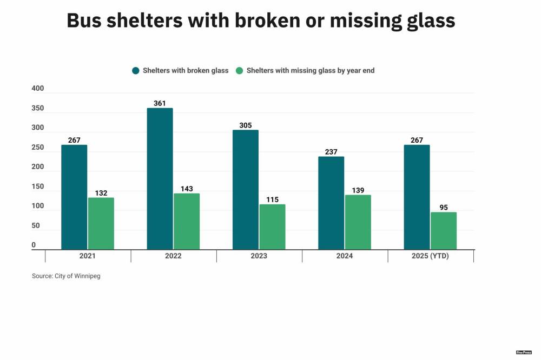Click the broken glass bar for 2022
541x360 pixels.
pyautogui.click(x=160, y=178)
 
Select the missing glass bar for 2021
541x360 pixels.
pyautogui.click(x=101, y=223)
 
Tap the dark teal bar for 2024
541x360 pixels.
pyautogui.click(x=331, y=203)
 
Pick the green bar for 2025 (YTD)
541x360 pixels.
pyautogui.click(x=444, y=231)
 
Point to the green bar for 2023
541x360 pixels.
pyautogui.click(x=272, y=226)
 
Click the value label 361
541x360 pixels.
pyautogui.click(x=160, y=103)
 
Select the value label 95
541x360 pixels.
pyautogui.click(x=444, y=208)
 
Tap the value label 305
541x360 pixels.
pyautogui.click(x=245, y=125)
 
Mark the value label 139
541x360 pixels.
pyautogui.click(x=358, y=190)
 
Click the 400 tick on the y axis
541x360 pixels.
pyautogui.click(x=37, y=89)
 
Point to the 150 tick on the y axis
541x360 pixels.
pyautogui.click(x=37, y=186)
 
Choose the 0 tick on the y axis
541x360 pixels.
pyautogui.click(x=34, y=245)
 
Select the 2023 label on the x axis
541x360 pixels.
pyautogui.click(x=259, y=256)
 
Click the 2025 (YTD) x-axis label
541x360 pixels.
pyautogui.click(x=431, y=256)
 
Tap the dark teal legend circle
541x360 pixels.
pyautogui.click(x=136, y=71)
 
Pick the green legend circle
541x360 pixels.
pyautogui.click(x=240, y=71)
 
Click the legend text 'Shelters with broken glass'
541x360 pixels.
pyautogui.click(x=186, y=71)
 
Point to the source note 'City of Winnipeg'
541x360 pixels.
pyautogui.click(x=77, y=276)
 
